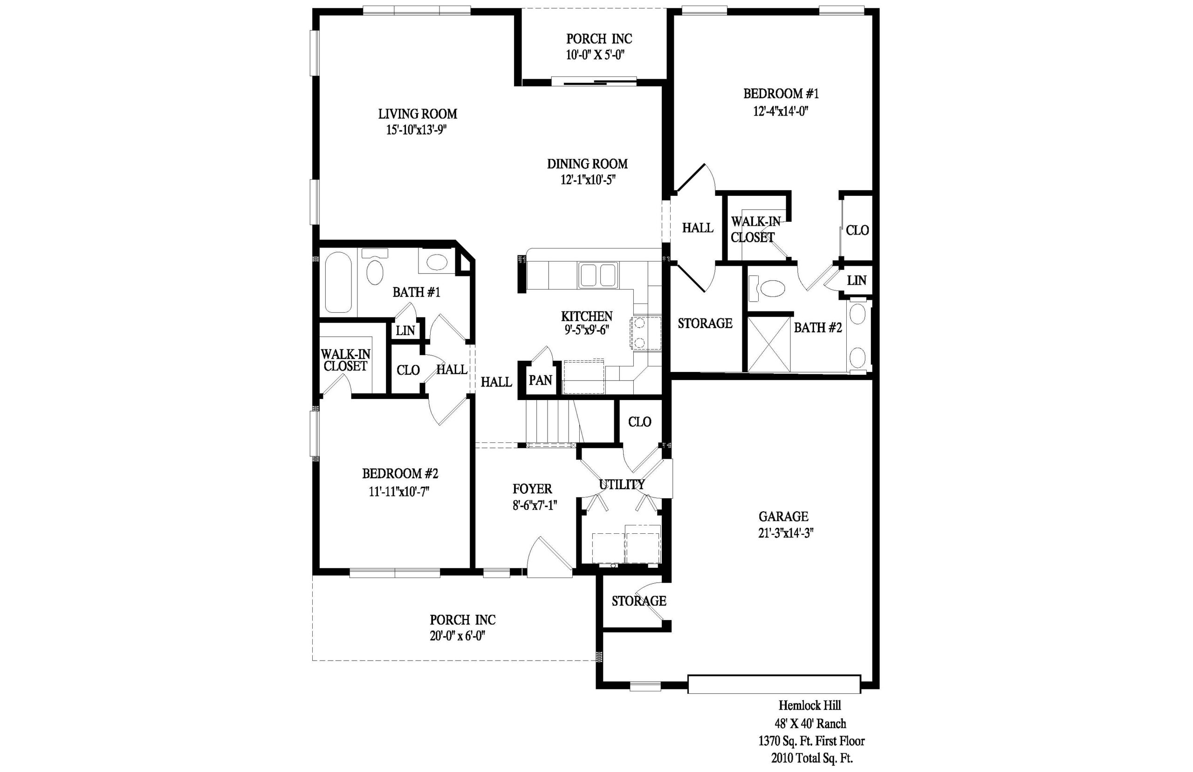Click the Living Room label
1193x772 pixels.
tap(418, 114)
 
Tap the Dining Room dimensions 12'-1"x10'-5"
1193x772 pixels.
tap(587, 180)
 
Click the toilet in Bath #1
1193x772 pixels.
tap(375, 267)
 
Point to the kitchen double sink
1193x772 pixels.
tap(598, 275)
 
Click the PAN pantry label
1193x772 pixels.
tap(540, 380)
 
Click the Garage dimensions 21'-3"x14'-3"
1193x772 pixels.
tap(785, 533)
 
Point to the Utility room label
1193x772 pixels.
tap(622, 484)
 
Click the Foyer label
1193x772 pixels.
tap(532, 489)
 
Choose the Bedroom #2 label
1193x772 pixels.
tap(400, 473)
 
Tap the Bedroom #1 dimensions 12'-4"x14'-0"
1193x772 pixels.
tap(781, 111)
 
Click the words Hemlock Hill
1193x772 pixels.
tap(809, 705)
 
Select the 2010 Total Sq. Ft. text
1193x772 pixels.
tap(812, 758)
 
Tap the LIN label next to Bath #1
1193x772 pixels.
tap(405, 331)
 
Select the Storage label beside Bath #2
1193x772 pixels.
tap(705, 324)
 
